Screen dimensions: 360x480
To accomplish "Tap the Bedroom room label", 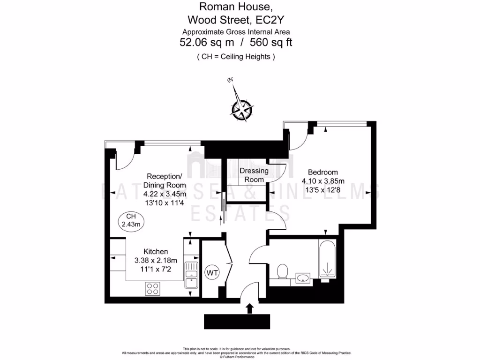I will (322, 172).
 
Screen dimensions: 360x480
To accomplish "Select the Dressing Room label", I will (254, 175).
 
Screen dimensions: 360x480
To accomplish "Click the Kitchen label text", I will (156, 252).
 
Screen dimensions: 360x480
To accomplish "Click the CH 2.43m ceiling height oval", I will (131, 220).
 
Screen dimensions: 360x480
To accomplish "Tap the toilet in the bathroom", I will (282, 272).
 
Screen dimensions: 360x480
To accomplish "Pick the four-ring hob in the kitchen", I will (152, 288).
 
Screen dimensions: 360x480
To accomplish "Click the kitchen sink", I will (191, 277).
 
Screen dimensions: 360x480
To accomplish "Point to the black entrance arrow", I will (249, 308).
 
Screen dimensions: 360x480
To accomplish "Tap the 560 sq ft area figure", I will (271, 43).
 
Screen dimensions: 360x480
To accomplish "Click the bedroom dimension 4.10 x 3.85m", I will (323, 181).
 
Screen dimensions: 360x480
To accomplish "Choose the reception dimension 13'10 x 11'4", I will (165, 203).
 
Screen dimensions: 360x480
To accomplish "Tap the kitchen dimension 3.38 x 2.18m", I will (156, 261).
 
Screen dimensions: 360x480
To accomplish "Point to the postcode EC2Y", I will (271, 20).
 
